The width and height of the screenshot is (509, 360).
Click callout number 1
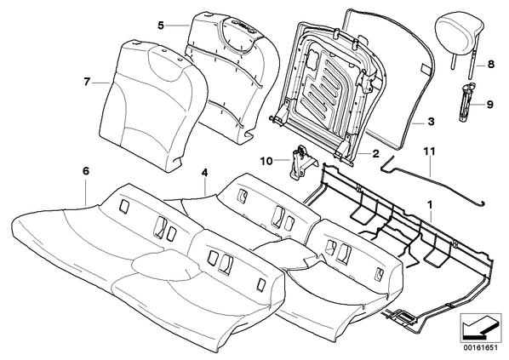click(x=430, y=205)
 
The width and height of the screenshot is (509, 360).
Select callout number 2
click(x=375, y=153)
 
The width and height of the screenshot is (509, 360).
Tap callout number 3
click(x=431, y=123)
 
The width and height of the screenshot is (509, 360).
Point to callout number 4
click(x=204, y=174)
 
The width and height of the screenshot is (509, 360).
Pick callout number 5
click(x=161, y=25)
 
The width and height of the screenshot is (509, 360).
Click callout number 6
click(x=86, y=171)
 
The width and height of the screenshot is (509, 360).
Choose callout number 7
click(x=86, y=83)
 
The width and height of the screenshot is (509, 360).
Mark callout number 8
click(x=491, y=65)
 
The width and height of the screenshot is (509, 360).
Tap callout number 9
click(x=489, y=105)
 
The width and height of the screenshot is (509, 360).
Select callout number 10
click(x=266, y=161)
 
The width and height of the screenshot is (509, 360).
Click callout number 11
click(x=430, y=151)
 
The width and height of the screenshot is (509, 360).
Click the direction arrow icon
click(x=480, y=328)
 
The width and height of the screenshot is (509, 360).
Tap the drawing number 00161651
click(x=480, y=348)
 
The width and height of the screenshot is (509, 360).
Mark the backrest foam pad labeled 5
click(x=232, y=77)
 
